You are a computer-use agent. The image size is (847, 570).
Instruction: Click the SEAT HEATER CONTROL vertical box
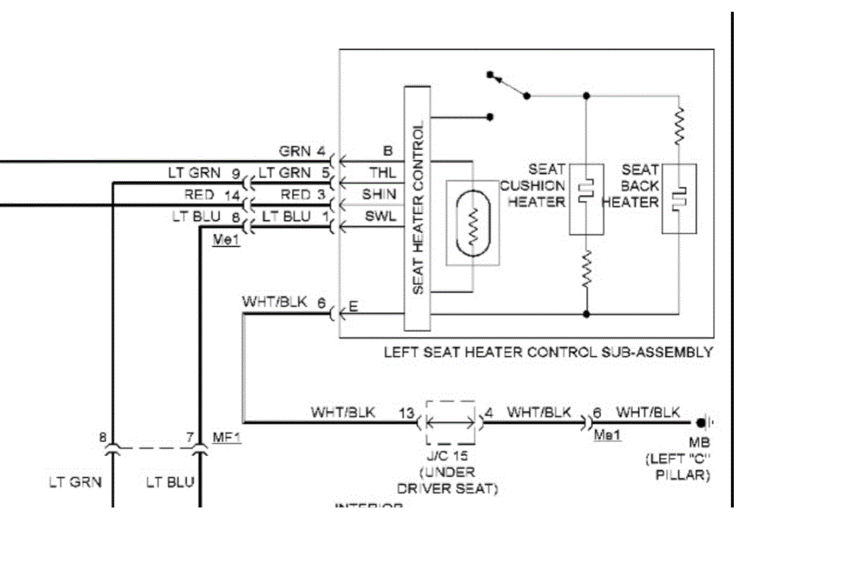(x=418, y=209)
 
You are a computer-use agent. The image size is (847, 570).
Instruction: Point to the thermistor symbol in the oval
(x=473, y=223)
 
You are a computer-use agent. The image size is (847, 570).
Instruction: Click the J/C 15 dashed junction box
(x=451, y=423)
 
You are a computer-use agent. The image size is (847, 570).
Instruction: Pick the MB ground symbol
(x=704, y=423)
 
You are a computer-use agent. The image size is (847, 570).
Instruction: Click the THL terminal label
(x=382, y=174)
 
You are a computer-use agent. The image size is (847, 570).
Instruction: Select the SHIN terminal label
(x=379, y=195)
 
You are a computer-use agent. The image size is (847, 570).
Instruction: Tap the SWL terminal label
(x=381, y=216)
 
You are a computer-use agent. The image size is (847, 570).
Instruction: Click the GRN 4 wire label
(x=301, y=152)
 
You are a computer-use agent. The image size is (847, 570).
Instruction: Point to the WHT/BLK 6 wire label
(x=283, y=302)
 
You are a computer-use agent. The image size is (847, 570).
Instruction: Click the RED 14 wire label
(x=209, y=195)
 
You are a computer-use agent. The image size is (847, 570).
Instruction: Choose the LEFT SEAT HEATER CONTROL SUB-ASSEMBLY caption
(x=548, y=352)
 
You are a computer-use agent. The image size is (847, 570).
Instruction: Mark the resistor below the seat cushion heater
(x=587, y=269)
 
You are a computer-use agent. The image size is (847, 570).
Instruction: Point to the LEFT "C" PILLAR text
(x=678, y=468)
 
